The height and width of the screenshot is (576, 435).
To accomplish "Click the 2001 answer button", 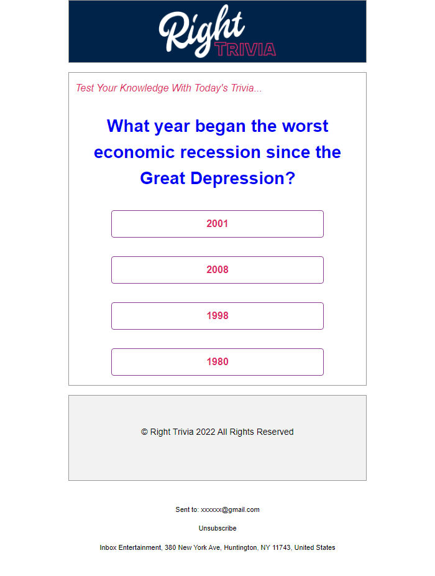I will point(217,224).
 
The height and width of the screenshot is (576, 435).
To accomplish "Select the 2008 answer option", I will point(217,270).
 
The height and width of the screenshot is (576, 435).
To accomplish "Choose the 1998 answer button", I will point(217,316).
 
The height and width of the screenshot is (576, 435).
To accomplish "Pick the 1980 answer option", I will point(217,362).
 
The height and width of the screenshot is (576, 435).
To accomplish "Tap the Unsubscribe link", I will point(217,528).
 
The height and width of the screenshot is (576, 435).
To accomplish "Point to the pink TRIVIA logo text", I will point(246,49).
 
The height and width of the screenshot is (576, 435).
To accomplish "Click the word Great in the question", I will point(163,179).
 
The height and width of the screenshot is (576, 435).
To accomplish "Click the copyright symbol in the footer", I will point(144,432).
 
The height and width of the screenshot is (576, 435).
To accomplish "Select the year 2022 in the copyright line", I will point(205,432).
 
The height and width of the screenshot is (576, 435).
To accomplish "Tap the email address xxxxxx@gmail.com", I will point(230,509).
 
